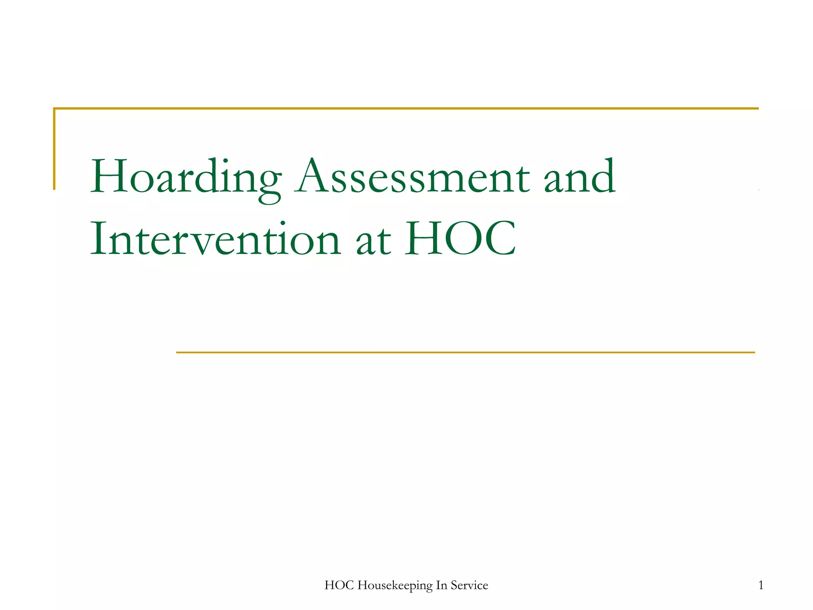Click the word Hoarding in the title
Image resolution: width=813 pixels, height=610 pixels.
coord(186,178)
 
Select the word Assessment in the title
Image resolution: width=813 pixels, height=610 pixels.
coord(412,178)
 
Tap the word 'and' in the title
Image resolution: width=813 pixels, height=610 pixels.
coord(579,178)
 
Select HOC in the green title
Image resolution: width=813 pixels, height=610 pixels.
coord(460,239)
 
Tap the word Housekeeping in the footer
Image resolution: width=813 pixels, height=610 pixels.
coord(395,585)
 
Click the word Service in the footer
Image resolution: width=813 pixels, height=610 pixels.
coord(469,585)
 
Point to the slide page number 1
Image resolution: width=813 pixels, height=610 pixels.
coord(761,585)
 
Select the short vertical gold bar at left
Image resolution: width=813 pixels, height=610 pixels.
coord(54,149)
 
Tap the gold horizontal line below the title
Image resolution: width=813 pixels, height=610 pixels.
coord(464,352)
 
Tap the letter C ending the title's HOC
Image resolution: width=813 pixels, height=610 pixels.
coord(499,239)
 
